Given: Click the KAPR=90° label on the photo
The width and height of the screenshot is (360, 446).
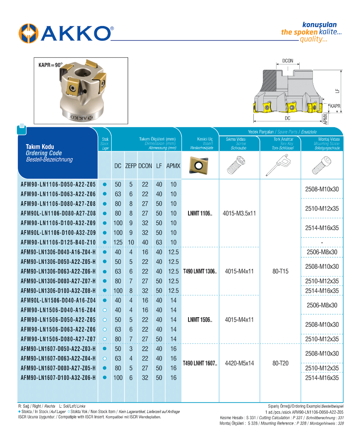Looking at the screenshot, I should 50,65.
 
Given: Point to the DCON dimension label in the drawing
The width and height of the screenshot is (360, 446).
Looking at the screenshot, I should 288,61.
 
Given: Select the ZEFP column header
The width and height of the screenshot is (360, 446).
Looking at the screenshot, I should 131,166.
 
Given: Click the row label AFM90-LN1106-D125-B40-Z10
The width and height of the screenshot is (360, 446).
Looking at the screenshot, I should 58,242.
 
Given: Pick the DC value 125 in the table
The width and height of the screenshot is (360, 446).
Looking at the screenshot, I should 118,242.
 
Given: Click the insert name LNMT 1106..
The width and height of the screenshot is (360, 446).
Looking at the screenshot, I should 200,214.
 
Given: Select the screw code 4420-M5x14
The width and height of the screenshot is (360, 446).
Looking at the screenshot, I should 239,363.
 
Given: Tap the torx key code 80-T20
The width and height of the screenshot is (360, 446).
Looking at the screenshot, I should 280,363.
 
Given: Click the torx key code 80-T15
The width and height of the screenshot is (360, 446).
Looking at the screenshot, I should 280,271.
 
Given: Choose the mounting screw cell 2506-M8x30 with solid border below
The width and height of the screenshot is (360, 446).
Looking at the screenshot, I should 322,252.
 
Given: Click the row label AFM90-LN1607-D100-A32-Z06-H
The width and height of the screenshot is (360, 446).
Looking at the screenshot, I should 58,377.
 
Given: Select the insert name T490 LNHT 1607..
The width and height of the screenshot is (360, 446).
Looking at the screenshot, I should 200,363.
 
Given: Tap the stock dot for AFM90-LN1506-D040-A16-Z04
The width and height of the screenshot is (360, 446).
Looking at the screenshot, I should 105,310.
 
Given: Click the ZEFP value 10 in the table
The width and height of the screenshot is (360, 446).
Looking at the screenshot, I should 131,242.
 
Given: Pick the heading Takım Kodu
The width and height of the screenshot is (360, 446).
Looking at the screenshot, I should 40,147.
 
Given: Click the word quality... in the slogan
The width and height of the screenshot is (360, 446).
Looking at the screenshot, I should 313,40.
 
